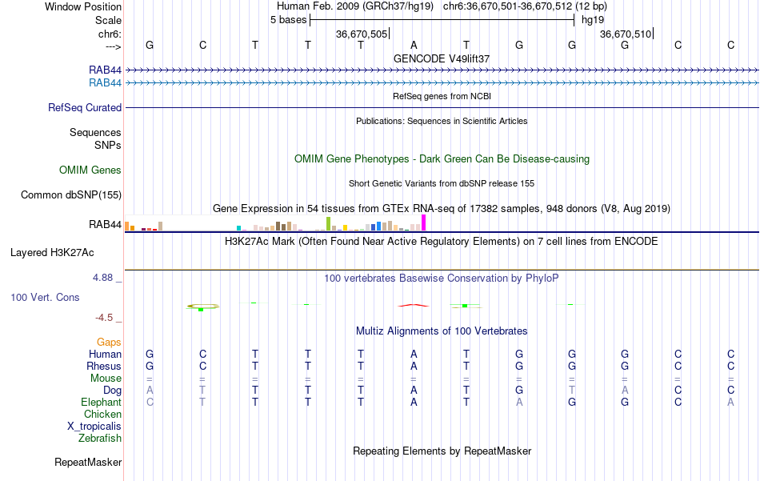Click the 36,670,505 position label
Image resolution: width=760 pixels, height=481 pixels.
coord(362,34)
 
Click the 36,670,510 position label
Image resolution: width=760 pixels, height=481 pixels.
coord(626,34)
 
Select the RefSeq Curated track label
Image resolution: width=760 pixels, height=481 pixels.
coord(85,108)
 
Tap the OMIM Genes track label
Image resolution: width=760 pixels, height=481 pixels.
coord(90,170)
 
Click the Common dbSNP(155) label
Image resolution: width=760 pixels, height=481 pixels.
coord(71,194)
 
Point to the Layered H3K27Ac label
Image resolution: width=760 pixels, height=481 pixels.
coord(52,253)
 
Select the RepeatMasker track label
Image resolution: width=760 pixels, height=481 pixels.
coord(88,463)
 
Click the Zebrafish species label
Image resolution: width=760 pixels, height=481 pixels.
coord(100,439)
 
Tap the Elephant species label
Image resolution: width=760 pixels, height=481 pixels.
coord(101,403)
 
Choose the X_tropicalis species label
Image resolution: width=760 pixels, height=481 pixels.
coord(94,427)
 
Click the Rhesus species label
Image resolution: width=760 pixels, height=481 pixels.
coord(103,366)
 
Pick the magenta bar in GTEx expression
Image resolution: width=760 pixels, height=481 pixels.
coord(424,222)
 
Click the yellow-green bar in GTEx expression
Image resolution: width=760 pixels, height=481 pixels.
coord(328,223)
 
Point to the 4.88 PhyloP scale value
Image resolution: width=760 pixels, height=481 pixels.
coord(104,278)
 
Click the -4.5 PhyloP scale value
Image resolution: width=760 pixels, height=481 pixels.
coord(106,317)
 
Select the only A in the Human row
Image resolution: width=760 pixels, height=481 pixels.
coord(414,354)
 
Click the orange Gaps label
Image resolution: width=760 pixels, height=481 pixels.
coord(109,342)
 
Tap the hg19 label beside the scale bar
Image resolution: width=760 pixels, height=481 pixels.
coord(593,20)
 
